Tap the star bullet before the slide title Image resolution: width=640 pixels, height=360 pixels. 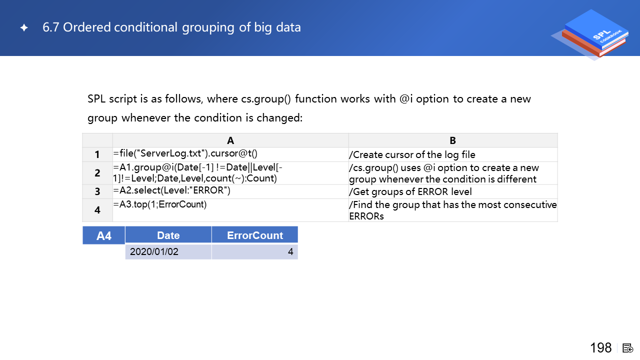[x=24, y=27]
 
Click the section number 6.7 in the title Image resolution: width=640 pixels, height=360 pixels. [x=50, y=27]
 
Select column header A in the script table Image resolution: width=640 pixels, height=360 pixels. [x=230, y=140]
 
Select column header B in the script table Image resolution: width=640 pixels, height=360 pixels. [x=453, y=140]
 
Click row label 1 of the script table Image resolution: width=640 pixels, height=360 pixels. [x=97, y=154]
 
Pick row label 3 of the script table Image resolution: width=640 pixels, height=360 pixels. [x=97, y=191]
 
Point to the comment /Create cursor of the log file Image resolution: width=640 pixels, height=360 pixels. [x=412, y=154]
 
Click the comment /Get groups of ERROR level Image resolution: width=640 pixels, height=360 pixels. [x=410, y=191]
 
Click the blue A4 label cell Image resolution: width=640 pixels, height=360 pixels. [x=103, y=235]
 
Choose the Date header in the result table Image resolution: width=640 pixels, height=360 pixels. [x=168, y=235]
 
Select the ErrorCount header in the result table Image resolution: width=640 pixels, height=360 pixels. [x=255, y=235]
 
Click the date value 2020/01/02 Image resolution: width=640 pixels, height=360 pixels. [x=154, y=251]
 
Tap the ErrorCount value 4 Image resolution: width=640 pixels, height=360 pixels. [x=290, y=251]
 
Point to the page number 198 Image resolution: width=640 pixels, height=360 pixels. [x=601, y=347]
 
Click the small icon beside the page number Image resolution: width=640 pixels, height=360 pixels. [x=627, y=348]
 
